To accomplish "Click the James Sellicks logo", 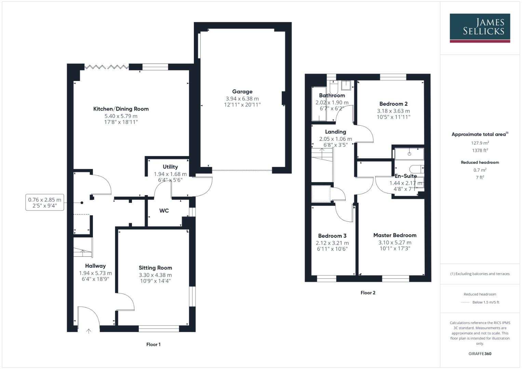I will (480, 28).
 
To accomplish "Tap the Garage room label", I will (242, 92).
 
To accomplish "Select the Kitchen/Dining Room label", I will (121, 109).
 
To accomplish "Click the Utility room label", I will (170, 167).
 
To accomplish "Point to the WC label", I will (164, 211).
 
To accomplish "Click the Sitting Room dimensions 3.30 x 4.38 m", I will (155, 275).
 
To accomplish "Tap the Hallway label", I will (95, 266).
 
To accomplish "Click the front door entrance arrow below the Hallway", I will (89, 331).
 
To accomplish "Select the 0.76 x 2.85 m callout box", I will (45, 203).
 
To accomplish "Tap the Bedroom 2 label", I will (393, 104).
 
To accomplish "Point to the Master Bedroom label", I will (395, 235).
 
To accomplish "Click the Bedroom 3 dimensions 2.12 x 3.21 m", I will (332, 243).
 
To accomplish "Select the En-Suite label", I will (406, 176).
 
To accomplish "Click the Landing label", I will (335, 132).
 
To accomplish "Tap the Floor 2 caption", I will (368, 293).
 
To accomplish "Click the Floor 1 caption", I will (153, 344).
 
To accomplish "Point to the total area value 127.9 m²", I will (480, 143).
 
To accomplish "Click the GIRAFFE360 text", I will (480, 354).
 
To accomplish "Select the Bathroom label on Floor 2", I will (332, 96).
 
